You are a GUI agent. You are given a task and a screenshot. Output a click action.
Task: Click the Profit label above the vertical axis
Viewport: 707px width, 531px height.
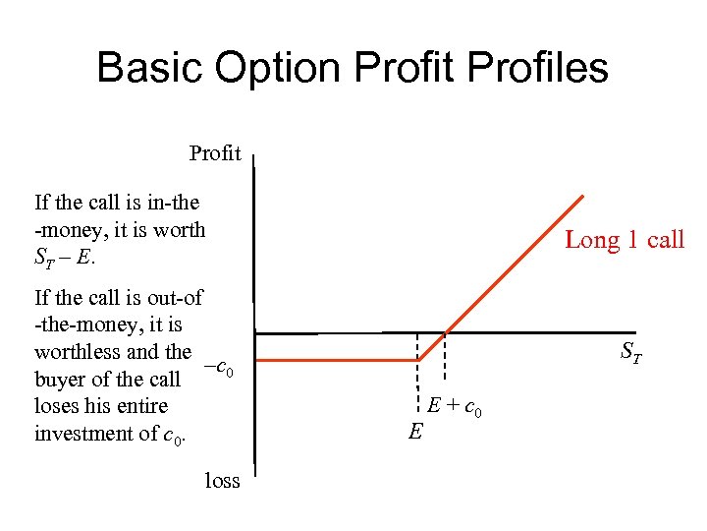pyautogui.click(x=215, y=153)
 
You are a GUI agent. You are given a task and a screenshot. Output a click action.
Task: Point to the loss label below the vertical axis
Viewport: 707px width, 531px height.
pyautogui.click(x=222, y=480)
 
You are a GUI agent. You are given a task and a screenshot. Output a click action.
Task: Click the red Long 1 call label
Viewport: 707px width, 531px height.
pyautogui.click(x=624, y=240)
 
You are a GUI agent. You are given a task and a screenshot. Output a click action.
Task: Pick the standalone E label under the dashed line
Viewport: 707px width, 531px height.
pyautogui.click(x=414, y=430)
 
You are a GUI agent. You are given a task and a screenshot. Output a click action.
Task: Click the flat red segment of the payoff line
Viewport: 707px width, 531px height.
pyautogui.click(x=334, y=361)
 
